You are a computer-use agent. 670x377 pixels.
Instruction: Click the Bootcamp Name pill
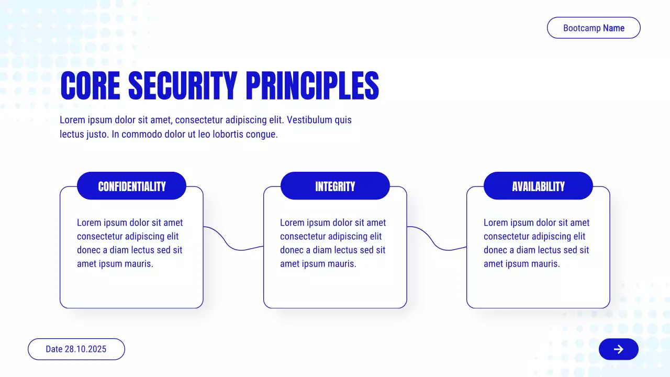click(594, 28)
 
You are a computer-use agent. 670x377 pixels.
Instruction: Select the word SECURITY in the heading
click(183, 85)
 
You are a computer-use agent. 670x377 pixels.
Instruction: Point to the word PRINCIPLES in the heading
click(312, 85)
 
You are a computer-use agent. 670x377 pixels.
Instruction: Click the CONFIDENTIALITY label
click(131, 186)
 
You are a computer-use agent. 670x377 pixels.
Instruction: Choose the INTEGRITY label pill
click(335, 186)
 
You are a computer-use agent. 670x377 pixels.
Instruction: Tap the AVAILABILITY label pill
click(538, 186)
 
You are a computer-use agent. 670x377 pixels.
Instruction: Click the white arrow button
click(619, 349)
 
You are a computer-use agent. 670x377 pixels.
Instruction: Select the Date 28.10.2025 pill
click(76, 349)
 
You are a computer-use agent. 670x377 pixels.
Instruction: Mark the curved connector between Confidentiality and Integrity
click(232, 245)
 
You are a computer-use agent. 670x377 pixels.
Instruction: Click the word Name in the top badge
click(614, 28)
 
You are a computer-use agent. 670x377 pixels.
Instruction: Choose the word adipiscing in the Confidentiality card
click(146, 237)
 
